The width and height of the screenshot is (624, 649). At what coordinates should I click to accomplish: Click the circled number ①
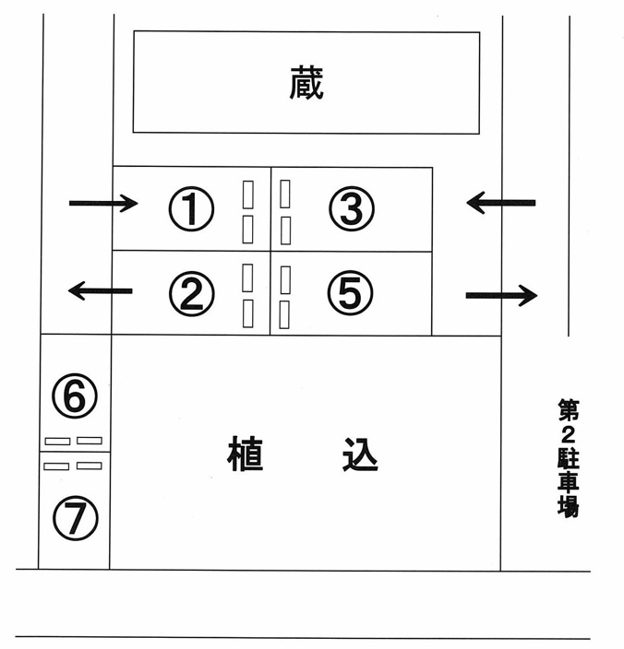(191, 208)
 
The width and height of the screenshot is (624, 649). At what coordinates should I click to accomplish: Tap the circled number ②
(192, 293)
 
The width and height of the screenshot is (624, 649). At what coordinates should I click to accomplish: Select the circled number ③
(352, 208)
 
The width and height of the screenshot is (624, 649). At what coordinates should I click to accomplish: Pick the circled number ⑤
(351, 292)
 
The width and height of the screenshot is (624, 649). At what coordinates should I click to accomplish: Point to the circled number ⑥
(75, 395)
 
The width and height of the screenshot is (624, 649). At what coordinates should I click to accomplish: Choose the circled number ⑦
(76, 518)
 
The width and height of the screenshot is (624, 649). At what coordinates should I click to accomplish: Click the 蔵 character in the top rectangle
(306, 82)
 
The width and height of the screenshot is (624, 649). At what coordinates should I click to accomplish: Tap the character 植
(245, 454)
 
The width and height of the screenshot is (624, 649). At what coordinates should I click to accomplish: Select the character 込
(360, 454)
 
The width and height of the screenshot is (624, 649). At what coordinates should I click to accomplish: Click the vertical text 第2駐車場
(568, 458)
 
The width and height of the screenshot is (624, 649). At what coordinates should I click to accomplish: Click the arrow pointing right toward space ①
(103, 203)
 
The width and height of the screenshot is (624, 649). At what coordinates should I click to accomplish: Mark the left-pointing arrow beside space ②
(101, 291)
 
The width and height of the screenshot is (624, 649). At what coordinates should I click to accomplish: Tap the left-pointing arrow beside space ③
(501, 203)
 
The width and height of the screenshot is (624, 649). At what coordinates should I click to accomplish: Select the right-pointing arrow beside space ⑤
(502, 295)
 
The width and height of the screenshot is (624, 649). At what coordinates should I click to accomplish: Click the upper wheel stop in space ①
(247, 195)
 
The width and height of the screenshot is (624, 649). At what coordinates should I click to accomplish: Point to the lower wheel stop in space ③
(285, 231)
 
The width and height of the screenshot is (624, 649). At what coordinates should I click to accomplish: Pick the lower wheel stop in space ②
(247, 313)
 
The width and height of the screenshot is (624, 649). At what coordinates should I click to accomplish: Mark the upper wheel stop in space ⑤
(285, 280)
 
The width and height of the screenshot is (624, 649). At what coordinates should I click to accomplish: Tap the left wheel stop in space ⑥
(57, 442)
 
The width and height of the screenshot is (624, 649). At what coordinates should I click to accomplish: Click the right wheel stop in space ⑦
(90, 466)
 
